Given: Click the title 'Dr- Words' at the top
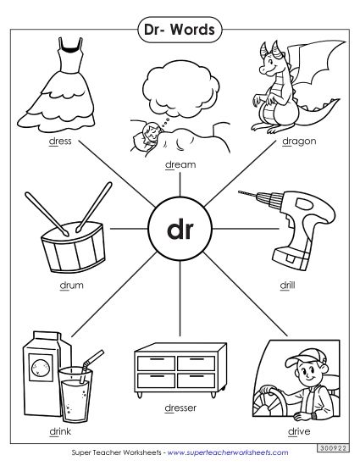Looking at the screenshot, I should coord(180,31).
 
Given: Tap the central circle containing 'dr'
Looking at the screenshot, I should coord(180,230).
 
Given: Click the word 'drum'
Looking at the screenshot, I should coord(72,285).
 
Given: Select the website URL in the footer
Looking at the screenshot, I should coord(221,450).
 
